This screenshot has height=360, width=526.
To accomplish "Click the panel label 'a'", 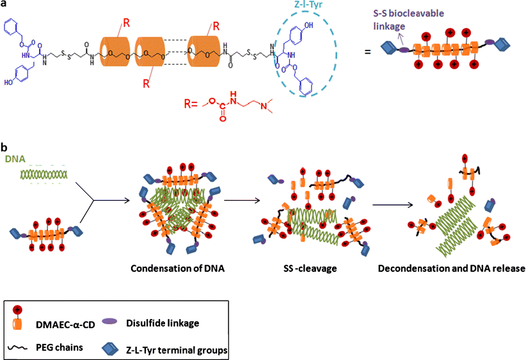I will [5, 5].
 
